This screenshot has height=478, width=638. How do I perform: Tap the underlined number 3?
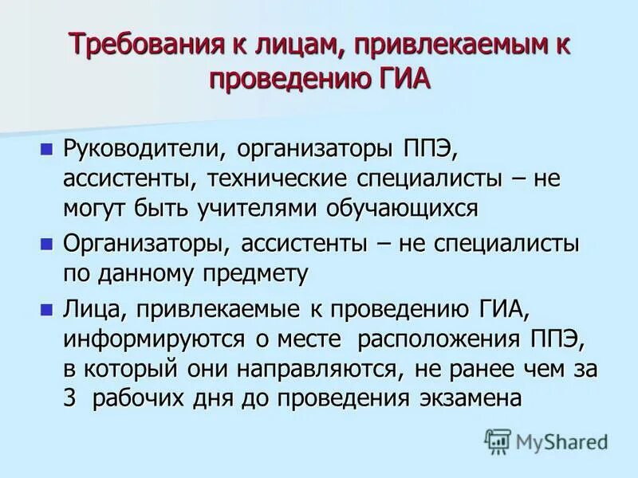(69, 398)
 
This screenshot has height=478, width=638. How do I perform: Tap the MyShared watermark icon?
(498, 440)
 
